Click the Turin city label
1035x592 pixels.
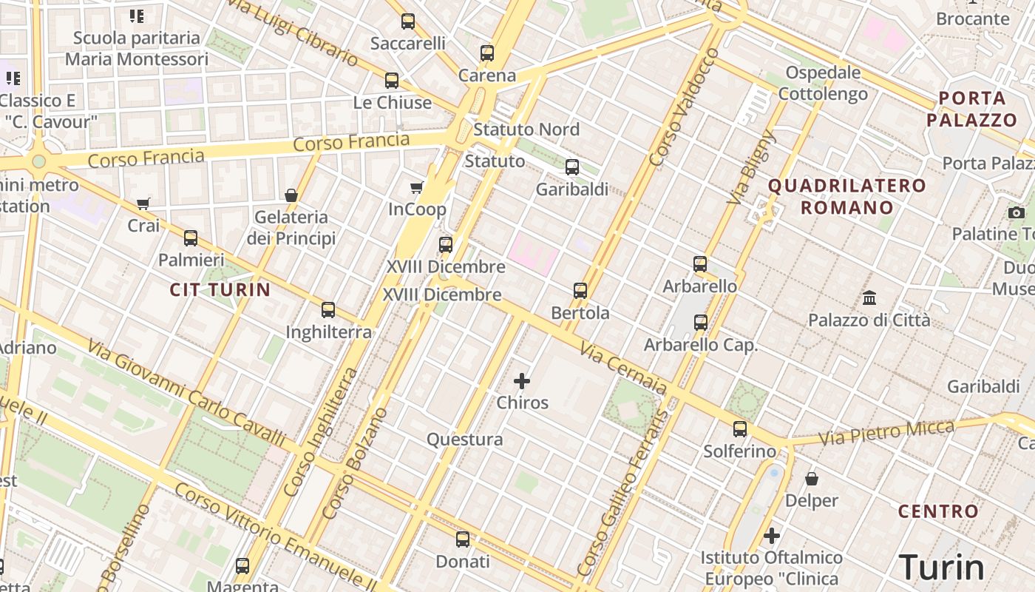942,568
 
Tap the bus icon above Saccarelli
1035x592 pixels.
408,21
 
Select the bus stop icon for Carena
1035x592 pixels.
486,53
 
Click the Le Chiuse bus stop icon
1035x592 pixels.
392,81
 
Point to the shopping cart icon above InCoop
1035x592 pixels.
417,187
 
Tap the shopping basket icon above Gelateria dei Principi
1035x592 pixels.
291,195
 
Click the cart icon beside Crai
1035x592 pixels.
143,203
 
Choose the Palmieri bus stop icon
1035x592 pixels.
191,238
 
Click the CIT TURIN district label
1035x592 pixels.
220,289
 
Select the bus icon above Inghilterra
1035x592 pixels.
328,310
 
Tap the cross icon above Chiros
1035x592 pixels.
522,381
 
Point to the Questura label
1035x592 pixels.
464,440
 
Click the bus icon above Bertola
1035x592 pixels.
580,291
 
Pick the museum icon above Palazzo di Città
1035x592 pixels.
869,298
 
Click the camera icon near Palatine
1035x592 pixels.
1017,213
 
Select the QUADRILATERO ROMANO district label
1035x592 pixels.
847,196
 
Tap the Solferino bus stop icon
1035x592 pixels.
740,429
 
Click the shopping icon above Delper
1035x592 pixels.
812,479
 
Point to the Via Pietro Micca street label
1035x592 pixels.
887,432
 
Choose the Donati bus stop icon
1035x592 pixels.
463,539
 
